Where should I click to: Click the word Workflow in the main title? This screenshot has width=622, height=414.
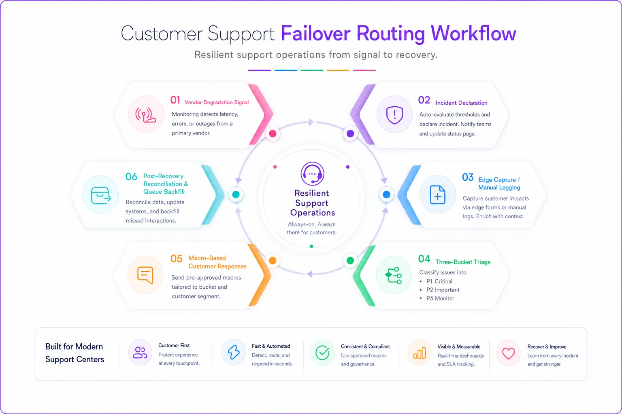[x=473, y=34]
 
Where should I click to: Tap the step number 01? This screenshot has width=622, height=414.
[x=175, y=100]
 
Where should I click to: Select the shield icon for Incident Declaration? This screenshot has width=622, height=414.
[x=394, y=115]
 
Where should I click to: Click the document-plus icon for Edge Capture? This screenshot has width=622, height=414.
[x=437, y=195]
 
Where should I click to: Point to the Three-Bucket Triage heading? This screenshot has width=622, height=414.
[x=463, y=262]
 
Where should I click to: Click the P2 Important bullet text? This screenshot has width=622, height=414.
[x=443, y=290]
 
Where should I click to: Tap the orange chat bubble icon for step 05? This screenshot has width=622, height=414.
[x=145, y=275]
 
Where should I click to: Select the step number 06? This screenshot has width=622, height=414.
[x=131, y=177]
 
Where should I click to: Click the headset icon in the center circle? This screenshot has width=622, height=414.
[x=312, y=173]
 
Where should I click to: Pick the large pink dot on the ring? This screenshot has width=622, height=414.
[x=273, y=134]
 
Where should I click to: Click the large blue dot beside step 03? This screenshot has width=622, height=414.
[x=386, y=194]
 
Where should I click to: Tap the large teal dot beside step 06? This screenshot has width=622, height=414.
[x=236, y=194]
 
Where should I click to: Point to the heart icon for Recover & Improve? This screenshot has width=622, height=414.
[x=509, y=353]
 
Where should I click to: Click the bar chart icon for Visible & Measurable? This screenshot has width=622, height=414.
[x=419, y=353]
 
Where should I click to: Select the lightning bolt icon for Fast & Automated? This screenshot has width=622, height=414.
[x=234, y=353]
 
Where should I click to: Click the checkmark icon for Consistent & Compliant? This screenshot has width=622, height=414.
[x=323, y=353]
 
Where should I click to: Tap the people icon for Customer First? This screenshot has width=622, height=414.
[x=140, y=353]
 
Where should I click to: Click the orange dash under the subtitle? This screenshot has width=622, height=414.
[x=338, y=70]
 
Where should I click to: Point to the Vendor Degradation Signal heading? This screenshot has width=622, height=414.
[x=217, y=102]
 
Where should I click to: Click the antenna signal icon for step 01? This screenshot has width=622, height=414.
[x=145, y=115]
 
